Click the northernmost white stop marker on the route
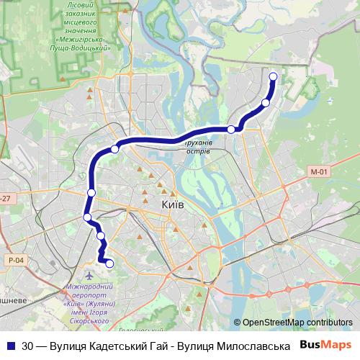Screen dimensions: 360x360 (x=273, y=77)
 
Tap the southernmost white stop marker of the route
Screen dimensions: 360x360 (x=109, y=264)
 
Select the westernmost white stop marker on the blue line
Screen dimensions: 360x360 (x=87, y=217)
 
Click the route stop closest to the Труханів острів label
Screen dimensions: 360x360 (x=231, y=130)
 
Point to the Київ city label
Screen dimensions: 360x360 (x=173, y=205)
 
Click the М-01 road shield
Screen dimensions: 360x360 (x=319, y=171)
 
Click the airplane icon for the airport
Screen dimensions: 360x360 (x=89, y=276)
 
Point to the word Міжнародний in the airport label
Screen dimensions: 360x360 (x=88, y=288)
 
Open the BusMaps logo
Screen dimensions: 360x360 (x=326, y=345)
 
